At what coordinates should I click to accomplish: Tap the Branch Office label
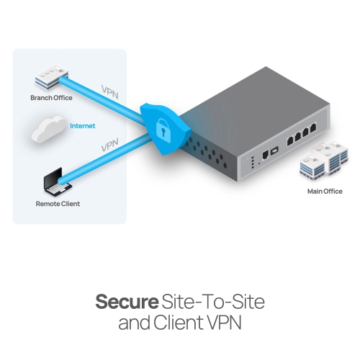pos(51,97)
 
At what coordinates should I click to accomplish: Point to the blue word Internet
pos(82,126)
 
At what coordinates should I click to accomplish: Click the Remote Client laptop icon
pos(55,183)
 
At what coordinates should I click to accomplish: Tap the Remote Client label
pos(58,204)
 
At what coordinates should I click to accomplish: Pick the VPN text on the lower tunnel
pos(109,146)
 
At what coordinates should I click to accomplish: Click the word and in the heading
pos(134,323)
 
